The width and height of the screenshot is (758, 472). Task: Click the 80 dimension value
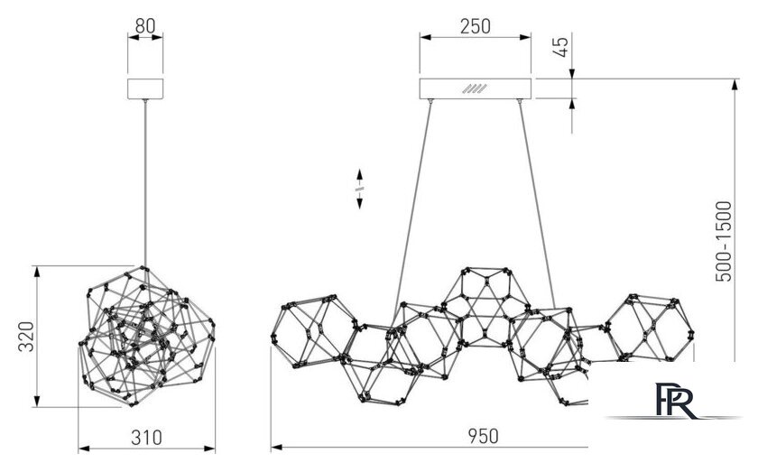[145, 25]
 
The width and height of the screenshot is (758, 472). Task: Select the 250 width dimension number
[475, 26]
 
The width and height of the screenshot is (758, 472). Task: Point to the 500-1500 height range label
[724, 241]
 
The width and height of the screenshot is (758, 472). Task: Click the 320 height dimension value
[26, 336]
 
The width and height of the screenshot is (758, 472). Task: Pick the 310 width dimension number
[146, 437]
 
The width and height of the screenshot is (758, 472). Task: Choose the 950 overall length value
[483, 436]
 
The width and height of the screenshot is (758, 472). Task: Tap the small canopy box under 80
[145, 88]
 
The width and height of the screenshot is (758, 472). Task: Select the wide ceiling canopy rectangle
[476, 88]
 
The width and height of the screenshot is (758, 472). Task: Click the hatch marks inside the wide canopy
[475, 88]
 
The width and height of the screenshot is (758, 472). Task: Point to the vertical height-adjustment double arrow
[359, 189]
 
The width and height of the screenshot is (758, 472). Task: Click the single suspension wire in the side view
[144, 183]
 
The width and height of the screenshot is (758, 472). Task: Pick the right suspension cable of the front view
[538, 204]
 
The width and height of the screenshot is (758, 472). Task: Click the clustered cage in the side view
[146, 336]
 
